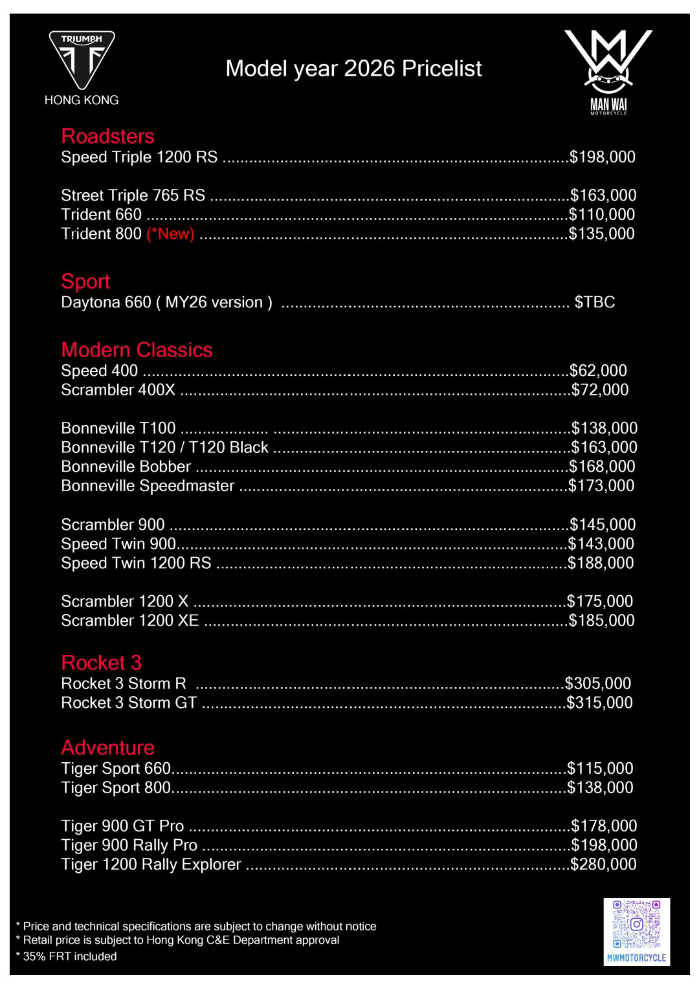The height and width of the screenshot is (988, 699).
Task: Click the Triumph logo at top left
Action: click(82, 60)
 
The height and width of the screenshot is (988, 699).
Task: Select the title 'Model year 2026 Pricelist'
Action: click(353, 69)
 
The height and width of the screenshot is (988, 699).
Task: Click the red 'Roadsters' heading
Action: click(107, 136)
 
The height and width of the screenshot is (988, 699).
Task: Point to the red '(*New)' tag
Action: click(171, 234)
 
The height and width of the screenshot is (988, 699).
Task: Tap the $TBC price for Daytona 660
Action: click(594, 302)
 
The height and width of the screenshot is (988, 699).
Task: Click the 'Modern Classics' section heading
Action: click(137, 349)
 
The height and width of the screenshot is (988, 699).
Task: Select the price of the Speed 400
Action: click(598, 371)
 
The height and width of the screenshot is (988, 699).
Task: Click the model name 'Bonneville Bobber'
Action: click(126, 467)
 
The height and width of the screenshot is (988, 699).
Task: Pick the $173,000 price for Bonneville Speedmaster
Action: click(601, 486)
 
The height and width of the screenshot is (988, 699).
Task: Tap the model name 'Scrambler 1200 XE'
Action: click(129, 620)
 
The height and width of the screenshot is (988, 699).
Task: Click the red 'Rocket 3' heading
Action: click(101, 663)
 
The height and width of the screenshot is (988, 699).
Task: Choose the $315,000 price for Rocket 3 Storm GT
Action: click(599, 703)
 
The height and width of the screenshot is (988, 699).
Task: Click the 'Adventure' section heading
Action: click(107, 747)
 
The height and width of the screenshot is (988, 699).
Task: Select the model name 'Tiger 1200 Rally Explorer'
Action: click(151, 864)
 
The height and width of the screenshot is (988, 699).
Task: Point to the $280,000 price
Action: click(603, 864)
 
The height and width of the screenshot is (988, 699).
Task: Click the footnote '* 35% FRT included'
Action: click(67, 956)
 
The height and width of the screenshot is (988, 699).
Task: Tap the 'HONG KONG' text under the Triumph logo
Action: click(82, 100)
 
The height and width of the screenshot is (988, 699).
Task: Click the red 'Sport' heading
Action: click(85, 281)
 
